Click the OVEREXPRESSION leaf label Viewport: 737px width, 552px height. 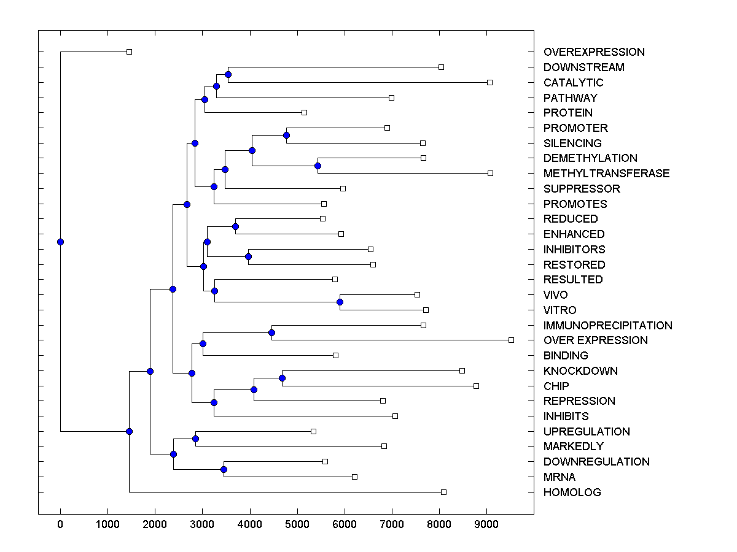(594, 52)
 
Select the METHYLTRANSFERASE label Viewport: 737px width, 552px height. (606, 174)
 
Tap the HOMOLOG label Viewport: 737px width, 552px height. (572, 493)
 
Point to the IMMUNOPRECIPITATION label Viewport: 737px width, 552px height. (607, 326)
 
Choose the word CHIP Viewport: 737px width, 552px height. (556, 386)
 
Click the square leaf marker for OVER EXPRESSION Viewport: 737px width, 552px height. (511, 340)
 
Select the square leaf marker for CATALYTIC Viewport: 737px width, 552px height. (489, 82)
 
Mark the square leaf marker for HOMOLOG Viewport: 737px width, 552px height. (443, 492)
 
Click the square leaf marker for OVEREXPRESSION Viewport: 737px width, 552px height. (129, 52)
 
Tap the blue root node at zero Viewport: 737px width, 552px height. (60, 242)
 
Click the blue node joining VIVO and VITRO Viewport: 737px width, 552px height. (340, 302)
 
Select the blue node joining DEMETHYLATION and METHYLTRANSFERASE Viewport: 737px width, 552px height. (318, 166)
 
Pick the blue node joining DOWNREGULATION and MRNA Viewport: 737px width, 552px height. (224, 469)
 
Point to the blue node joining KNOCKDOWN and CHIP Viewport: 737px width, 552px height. (282, 378)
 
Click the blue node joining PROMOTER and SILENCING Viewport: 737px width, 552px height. (286, 135)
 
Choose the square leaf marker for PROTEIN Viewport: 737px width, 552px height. (304, 112)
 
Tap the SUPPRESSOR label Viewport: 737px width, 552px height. (582, 189)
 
